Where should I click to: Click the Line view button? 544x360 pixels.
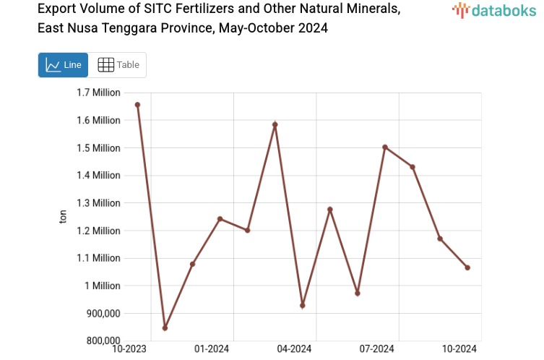tap(63, 65)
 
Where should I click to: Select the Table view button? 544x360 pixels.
tap(118, 65)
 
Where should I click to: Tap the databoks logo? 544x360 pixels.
tap(494, 10)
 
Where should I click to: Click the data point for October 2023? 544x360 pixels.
tap(137, 105)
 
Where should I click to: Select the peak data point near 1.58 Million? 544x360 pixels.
tap(275, 124)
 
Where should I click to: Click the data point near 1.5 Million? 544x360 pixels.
tap(385, 147)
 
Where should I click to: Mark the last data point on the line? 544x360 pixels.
tap(467, 267)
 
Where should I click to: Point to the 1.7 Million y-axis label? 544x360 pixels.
tap(98, 93)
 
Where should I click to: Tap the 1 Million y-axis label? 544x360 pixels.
tap(104, 286)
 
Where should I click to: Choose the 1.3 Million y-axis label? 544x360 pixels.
tap(98, 203)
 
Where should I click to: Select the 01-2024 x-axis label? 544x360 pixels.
tap(212, 349)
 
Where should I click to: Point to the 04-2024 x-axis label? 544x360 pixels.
tap(295, 349)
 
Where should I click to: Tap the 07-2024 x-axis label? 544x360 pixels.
tap(378, 349)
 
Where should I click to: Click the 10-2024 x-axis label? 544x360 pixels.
tap(460, 349)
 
